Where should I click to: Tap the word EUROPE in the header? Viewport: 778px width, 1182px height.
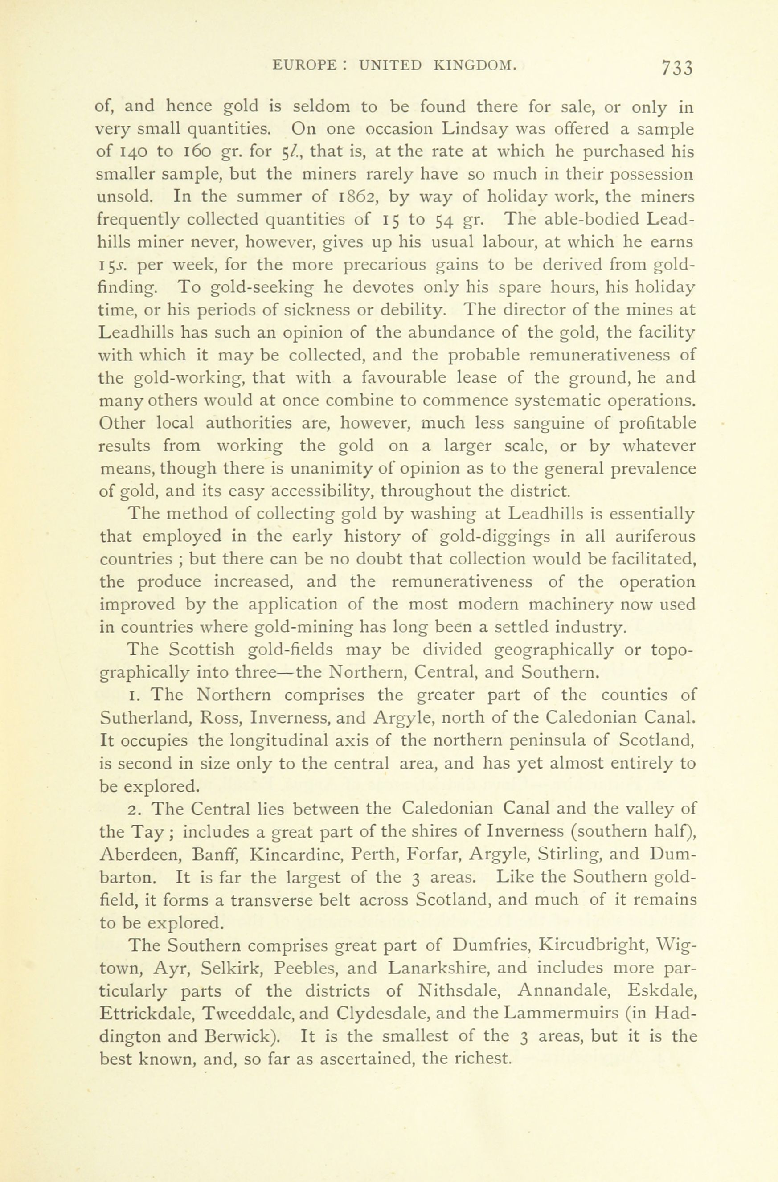(304, 65)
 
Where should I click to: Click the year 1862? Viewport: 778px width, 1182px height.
(355, 197)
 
